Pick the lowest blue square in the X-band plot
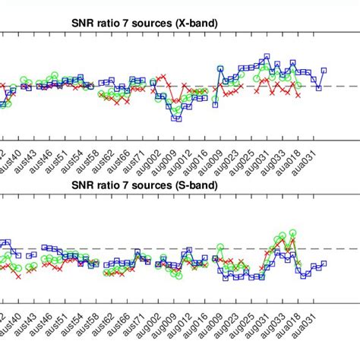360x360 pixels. coord(176,118)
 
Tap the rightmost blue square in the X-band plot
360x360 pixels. coord(324,71)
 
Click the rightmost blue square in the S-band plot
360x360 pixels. coord(324,264)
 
